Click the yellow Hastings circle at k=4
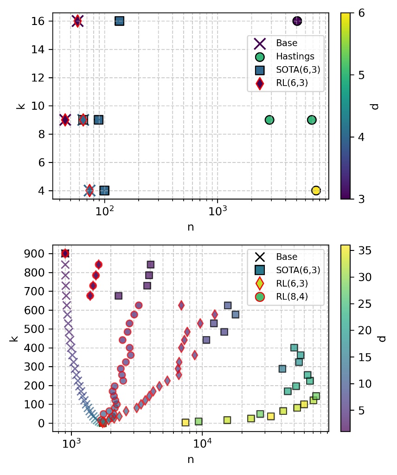click(316, 190)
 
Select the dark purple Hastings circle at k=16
click(297, 21)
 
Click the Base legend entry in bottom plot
click(287, 256)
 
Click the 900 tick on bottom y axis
click(38, 254)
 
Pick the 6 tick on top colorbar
click(360, 13)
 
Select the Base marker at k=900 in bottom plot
click(65, 253)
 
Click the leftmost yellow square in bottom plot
click(186, 422)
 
